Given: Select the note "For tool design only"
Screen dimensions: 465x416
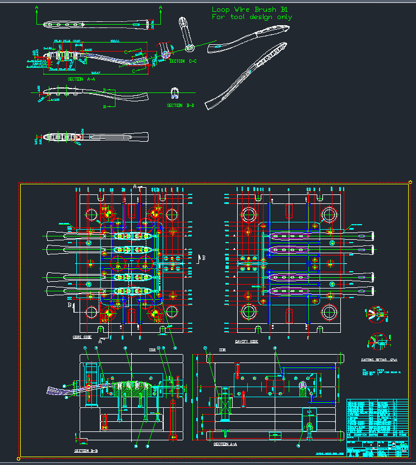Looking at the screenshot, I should coord(252,17).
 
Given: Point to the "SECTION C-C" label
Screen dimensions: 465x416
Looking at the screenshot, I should coord(183,61).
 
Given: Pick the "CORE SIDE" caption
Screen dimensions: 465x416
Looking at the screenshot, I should coord(82,337).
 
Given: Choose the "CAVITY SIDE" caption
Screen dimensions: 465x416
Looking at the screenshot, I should coord(247,341).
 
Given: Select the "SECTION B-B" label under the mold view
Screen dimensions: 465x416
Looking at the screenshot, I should coord(86,450).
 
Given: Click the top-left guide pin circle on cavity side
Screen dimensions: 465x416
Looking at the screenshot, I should coord(248,214).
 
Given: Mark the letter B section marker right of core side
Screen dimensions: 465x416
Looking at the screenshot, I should coord(203,258).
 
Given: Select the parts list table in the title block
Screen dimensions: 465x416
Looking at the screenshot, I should coord(377,417).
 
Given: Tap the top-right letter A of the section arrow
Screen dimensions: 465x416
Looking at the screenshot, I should coord(160,7).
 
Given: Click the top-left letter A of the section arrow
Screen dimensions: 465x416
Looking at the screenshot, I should coord(37,7).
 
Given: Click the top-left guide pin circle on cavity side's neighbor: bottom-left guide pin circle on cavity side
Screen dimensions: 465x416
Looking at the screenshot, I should coord(248,311).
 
